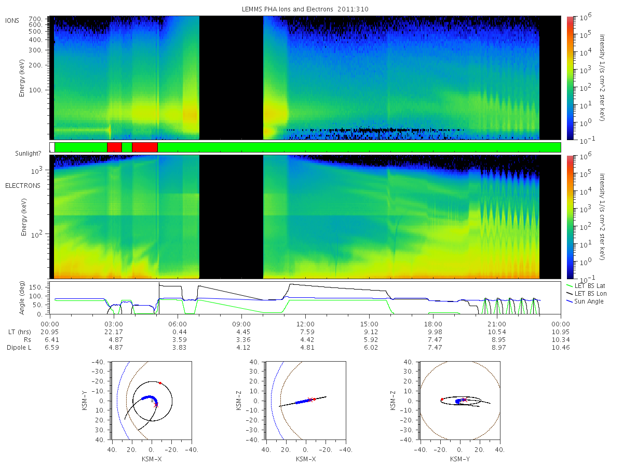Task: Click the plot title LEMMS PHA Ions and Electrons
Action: pyautogui.click(x=287, y=9)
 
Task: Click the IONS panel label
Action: pyautogui.click(x=12, y=21)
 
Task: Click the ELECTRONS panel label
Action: pyautogui.click(x=23, y=186)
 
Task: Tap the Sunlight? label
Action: pyautogui.click(x=28, y=154)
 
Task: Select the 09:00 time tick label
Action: pyautogui.click(x=241, y=324)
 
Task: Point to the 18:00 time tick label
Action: pyautogui.click(x=433, y=324)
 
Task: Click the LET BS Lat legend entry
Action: pyautogui.click(x=590, y=286)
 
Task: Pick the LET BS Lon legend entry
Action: pyautogui.click(x=590, y=294)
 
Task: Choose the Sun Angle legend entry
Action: pyautogui.click(x=589, y=301)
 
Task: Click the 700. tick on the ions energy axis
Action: pyautogui.click(x=35, y=19)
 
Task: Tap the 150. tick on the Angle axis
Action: pyautogui.click(x=35, y=287)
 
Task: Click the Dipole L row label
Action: pyautogui.click(x=19, y=348)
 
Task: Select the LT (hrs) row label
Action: pyautogui.click(x=20, y=332)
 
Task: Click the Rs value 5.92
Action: pyautogui.click(x=371, y=340)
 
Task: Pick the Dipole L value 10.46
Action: pyautogui.click(x=561, y=348)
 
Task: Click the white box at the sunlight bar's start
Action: pyautogui.click(x=52, y=147)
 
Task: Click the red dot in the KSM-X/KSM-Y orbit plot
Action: pyautogui.click(x=160, y=383)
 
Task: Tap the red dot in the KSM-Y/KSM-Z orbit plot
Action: pyautogui.click(x=442, y=399)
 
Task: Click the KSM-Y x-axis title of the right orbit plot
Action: pyautogui.click(x=460, y=459)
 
